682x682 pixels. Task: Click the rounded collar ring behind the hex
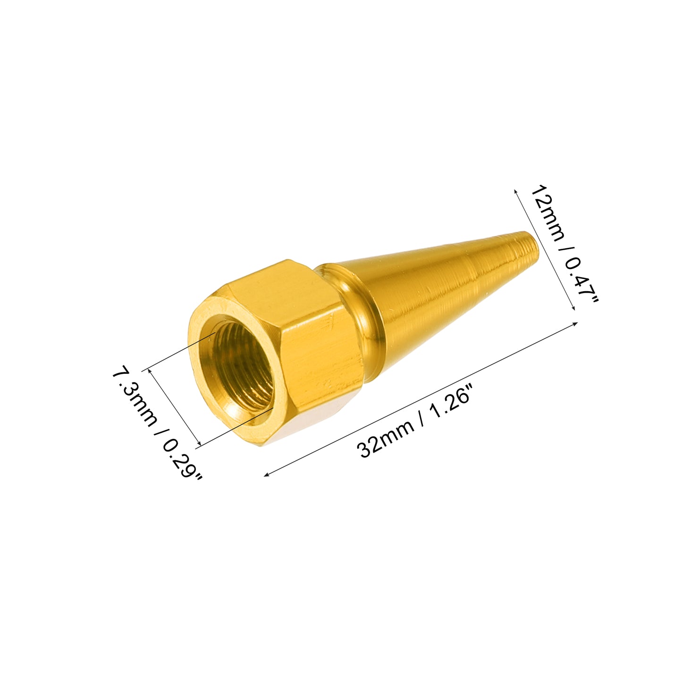[x=364, y=324]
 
